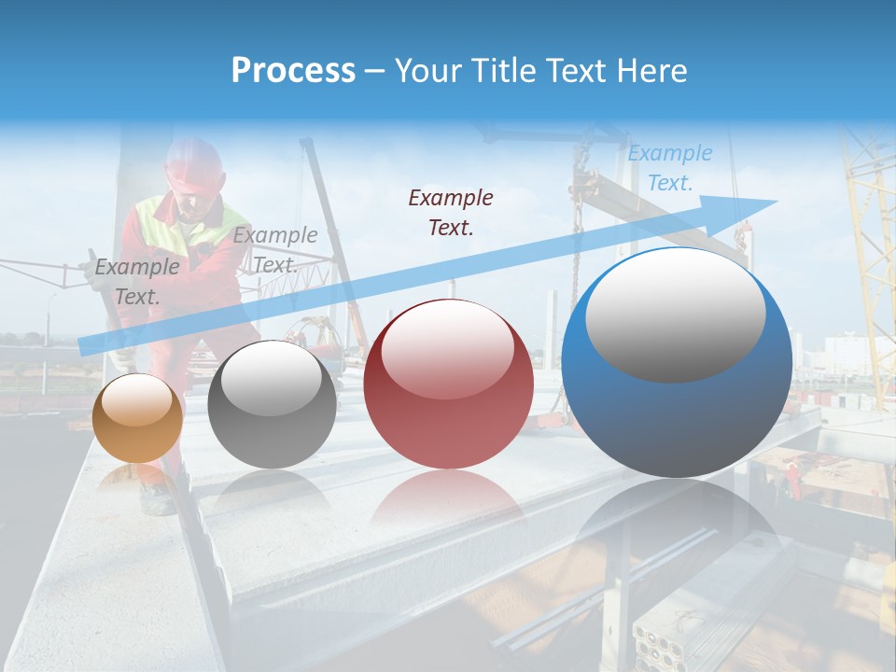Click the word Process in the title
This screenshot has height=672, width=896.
pos(293,71)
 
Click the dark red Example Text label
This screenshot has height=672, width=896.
pos(451,212)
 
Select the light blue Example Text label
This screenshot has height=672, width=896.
pos(669,168)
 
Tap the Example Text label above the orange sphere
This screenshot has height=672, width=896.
pos(137,282)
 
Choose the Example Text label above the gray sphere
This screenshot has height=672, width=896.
pos(275,250)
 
